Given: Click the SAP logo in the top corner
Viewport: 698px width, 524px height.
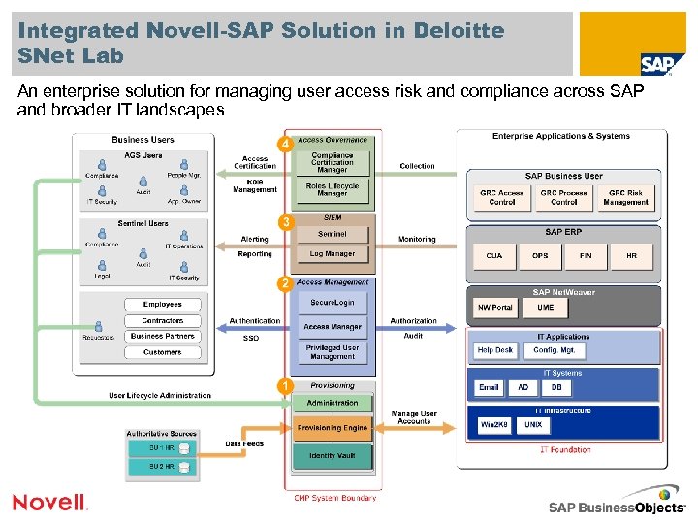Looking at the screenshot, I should (x=656, y=64).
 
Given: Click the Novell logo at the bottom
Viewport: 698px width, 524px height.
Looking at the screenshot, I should (x=49, y=502).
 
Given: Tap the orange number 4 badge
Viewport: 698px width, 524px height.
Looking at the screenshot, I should (x=284, y=145).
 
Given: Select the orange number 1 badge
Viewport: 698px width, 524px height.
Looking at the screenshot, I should (x=284, y=386).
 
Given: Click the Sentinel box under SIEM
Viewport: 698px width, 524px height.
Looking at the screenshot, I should (x=333, y=235).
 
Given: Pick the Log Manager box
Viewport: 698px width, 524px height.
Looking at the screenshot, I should (x=333, y=254).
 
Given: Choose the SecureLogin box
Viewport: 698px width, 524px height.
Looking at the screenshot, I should (x=333, y=303).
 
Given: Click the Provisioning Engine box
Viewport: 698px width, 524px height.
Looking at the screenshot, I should (x=333, y=427).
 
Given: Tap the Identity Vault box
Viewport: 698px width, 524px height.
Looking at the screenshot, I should (x=333, y=455).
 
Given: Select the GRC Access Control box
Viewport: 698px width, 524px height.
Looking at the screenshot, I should (x=502, y=198).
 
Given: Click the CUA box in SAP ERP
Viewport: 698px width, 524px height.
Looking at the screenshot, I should (x=494, y=256).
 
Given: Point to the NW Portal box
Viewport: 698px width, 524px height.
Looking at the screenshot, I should (x=494, y=308).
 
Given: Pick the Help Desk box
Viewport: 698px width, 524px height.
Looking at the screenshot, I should (x=494, y=350).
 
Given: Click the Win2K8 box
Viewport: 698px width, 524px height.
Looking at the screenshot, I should (x=494, y=425).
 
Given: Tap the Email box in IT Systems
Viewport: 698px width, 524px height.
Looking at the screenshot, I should (x=489, y=387).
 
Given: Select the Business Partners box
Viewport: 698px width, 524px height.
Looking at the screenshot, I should (x=162, y=336).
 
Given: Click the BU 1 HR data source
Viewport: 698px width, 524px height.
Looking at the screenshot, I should (x=162, y=448).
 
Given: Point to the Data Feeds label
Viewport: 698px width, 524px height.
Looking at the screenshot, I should (x=244, y=443).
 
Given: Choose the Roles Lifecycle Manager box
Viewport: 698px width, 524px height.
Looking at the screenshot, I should (x=333, y=189).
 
